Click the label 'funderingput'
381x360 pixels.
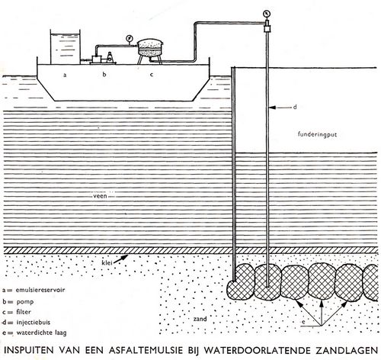(x=317, y=134)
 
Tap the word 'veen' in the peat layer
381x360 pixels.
(x=100, y=196)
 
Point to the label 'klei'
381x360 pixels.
(x=107, y=262)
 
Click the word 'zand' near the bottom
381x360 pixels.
(x=200, y=319)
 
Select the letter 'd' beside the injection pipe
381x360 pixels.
(x=295, y=107)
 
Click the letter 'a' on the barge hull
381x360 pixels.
(x=65, y=75)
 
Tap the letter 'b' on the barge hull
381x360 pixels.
(x=104, y=74)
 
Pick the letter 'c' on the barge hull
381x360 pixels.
(x=152, y=75)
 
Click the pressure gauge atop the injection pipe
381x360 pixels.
(x=267, y=13)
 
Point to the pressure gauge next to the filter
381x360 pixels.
(x=129, y=39)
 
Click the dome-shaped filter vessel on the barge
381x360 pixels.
(x=150, y=48)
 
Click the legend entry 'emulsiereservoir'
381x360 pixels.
(x=40, y=290)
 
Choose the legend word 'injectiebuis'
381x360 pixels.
(x=34, y=322)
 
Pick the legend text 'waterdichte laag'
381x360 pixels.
(x=41, y=333)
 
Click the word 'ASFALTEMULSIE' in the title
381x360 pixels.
(x=146, y=350)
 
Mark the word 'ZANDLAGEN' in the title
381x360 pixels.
(x=347, y=350)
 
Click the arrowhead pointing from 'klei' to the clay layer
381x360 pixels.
(x=124, y=257)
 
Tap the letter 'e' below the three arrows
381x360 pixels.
(x=303, y=322)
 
